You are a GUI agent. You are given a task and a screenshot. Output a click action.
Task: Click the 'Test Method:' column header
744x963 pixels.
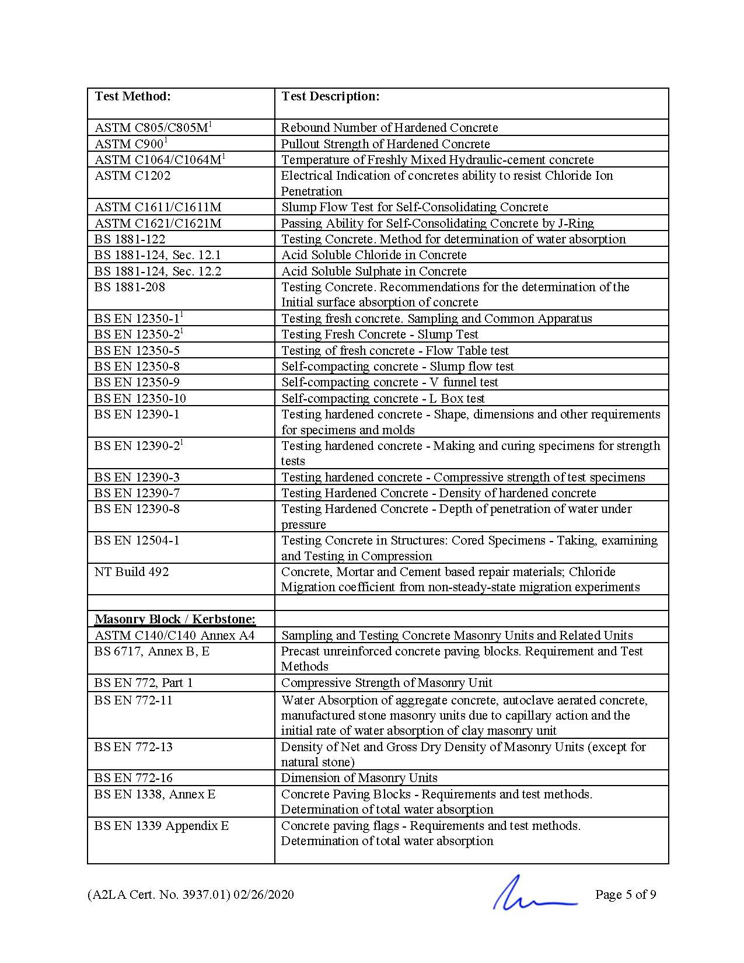132,96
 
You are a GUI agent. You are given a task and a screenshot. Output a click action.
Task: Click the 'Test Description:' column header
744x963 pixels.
330,96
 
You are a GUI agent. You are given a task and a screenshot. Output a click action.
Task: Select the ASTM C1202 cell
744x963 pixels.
132,176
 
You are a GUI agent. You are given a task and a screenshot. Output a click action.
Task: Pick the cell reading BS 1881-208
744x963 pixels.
130,287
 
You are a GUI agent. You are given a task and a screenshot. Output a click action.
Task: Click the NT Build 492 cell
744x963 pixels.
132,572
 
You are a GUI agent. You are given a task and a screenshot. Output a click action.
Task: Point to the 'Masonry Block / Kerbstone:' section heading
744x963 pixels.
175,619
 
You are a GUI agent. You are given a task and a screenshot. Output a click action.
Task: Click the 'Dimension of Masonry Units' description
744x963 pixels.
359,778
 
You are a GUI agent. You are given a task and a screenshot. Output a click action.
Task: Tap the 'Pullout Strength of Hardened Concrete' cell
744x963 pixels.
385,144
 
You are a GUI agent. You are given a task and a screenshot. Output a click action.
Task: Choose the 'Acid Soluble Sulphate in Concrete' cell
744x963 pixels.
373,271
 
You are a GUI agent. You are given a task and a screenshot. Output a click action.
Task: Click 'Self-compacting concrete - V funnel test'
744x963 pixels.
390,382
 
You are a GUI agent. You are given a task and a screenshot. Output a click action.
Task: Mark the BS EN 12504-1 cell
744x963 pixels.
137,540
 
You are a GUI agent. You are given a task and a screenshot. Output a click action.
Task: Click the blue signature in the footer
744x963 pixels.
534,894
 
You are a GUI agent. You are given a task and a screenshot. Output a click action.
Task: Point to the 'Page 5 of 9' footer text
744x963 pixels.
626,895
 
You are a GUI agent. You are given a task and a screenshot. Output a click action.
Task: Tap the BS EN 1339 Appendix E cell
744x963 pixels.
162,826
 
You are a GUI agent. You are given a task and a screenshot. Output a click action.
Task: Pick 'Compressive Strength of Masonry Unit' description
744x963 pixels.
386,683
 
